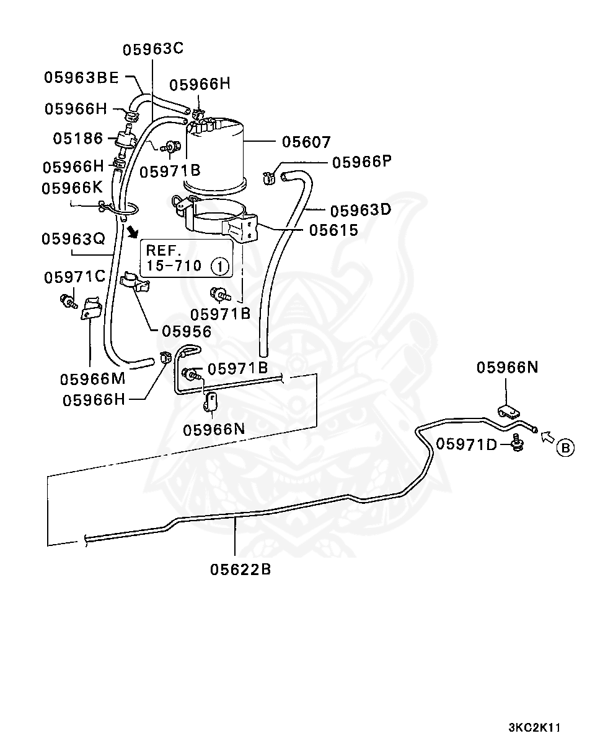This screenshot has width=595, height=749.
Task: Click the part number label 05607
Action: (x=306, y=142)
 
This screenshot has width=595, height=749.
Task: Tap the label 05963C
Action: (x=153, y=49)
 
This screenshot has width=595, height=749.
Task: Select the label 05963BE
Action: (x=82, y=77)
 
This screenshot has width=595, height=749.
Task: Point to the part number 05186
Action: (x=77, y=139)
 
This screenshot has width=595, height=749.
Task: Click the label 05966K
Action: (x=72, y=188)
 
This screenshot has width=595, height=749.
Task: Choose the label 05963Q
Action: (x=73, y=239)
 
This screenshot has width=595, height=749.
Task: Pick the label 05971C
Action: (x=74, y=277)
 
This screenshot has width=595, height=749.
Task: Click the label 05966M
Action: (x=92, y=379)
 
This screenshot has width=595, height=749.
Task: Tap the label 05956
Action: (x=187, y=331)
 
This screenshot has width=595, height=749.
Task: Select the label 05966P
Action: (x=362, y=162)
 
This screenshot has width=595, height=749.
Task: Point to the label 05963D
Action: (x=361, y=210)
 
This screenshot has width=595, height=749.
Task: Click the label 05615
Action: (x=333, y=230)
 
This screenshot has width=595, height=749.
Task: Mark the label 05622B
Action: (x=240, y=569)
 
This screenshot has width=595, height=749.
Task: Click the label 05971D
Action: (x=466, y=444)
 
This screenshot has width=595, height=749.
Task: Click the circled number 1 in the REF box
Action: (x=220, y=267)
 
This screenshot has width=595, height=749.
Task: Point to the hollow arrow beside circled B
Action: (x=548, y=437)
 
